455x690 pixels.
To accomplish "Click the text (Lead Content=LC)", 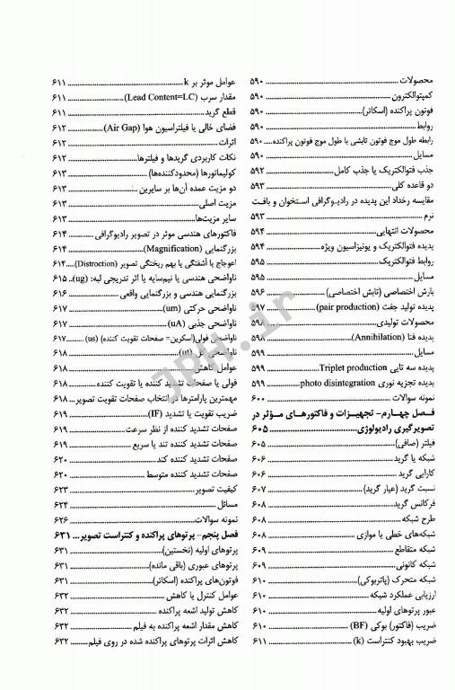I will tap(148, 95).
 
